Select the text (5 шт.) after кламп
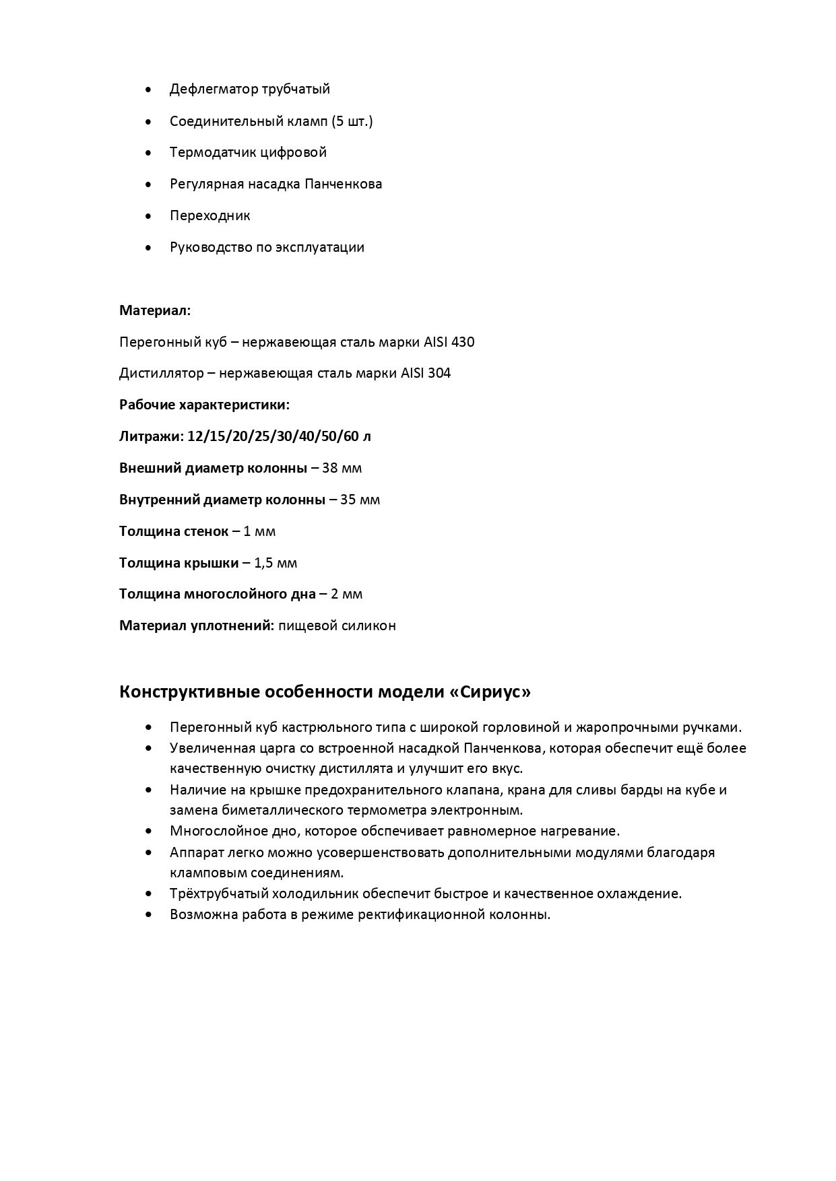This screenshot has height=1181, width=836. tap(352, 121)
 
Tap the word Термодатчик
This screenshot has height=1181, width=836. tap(214, 152)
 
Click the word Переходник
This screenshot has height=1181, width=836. tap(210, 215)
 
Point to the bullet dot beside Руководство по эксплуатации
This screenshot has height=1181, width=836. tap(148, 248)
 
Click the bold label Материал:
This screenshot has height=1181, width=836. tap(155, 310)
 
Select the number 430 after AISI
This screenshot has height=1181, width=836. tap(462, 342)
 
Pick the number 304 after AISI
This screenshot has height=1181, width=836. tap(439, 373)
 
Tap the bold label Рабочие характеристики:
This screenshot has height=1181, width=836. tap(204, 405)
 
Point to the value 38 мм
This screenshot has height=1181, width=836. tap(342, 468)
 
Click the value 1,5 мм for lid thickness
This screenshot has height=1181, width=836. tap(276, 563)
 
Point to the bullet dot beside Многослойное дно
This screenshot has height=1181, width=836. tap(148, 832)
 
